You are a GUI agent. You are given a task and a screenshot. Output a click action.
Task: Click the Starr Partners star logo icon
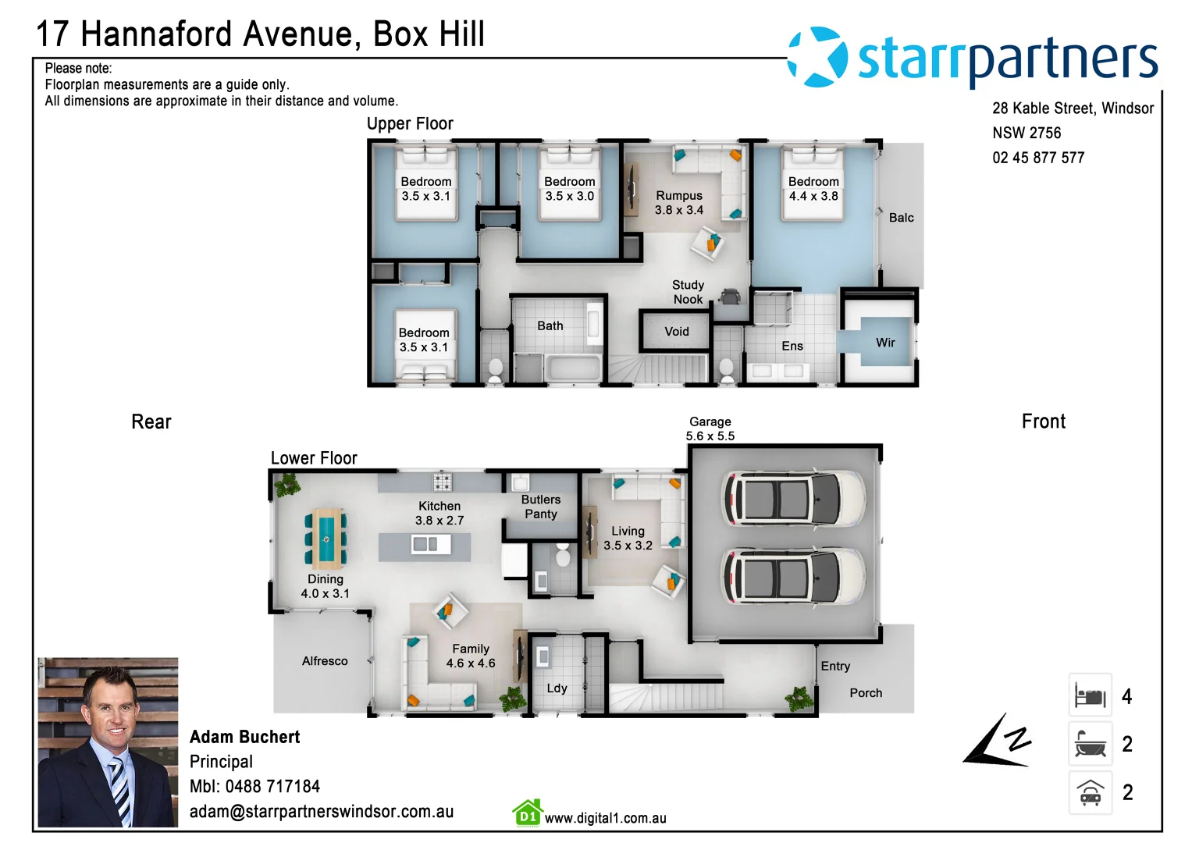click(817, 57)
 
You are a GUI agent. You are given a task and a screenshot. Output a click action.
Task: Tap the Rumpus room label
click(678, 203)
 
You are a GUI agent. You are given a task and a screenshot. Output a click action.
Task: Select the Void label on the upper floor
click(676, 332)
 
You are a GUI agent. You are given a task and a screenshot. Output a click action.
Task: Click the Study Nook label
click(688, 292)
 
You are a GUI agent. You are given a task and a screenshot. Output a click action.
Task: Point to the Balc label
click(901, 218)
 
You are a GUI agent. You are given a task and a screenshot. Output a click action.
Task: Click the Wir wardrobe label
click(885, 343)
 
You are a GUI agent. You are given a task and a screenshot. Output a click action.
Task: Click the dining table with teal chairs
click(326, 538)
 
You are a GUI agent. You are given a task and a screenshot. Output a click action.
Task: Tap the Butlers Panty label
click(540, 507)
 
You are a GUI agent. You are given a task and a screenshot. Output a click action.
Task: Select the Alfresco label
click(325, 661)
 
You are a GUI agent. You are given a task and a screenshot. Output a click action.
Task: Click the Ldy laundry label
click(557, 688)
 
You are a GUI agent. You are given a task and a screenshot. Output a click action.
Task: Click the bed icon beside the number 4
click(1090, 695)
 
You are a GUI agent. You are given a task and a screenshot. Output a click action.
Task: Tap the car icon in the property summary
click(1090, 793)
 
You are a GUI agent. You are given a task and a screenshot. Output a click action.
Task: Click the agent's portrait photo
click(108, 742)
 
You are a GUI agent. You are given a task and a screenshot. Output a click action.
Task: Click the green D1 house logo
click(528, 813)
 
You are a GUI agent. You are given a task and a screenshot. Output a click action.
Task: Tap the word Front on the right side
click(1043, 421)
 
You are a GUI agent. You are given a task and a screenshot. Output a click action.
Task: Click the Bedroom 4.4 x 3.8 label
click(813, 189)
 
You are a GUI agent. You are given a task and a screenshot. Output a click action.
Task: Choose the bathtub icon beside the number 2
click(1090, 744)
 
